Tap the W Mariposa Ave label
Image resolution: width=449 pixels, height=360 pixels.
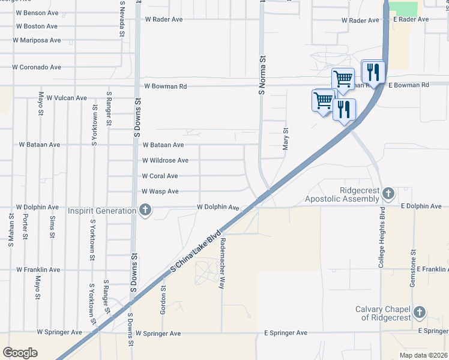click(x=38, y=40)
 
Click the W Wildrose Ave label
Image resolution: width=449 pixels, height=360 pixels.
click(x=165, y=161)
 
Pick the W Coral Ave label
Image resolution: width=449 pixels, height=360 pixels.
click(x=160, y=176)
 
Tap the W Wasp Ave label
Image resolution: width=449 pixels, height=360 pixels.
click(x=160, y=191)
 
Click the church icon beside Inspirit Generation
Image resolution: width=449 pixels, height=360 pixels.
click(x=145, y=210)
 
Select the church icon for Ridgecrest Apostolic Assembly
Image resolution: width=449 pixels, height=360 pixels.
click(x=388, y=193)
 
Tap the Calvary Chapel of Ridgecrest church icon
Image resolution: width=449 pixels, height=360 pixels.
click(x=420, y=312)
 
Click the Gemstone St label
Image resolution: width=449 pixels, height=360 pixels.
click(x=412, y=268)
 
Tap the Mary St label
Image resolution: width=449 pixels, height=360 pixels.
click(x=286, y=138)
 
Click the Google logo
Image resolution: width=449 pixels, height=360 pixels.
click(x=20, y=353)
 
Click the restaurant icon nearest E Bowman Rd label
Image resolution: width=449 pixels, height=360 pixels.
click(x=373, y=73)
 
